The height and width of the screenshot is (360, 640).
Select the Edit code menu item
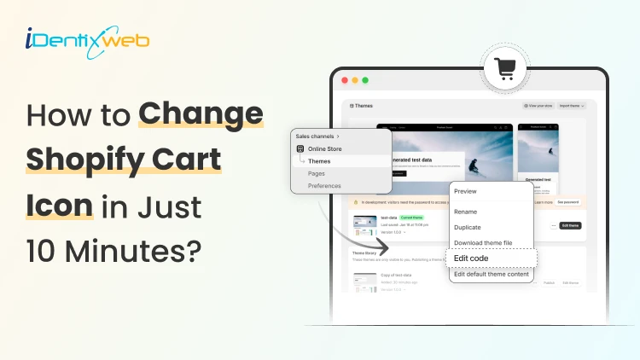(x=471, y=258)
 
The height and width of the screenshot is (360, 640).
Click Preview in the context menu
(x=465, y=191)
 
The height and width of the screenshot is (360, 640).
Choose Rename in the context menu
(x=466, y=212)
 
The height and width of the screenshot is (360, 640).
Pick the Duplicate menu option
(x=468, y=228)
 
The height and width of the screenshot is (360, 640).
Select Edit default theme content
(x=492, y=274)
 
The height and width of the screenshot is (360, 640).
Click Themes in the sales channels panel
(x=319, y=160)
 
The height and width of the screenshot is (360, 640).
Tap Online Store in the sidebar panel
(x=324, y=148)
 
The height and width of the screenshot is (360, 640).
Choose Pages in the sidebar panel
(x=317, y=173)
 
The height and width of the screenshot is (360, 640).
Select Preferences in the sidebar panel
(x=324, y=185)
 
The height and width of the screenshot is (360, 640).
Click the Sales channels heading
(x=317, y=136)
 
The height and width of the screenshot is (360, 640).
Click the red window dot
(x=345, y=80)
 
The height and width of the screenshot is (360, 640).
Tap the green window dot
(x=365, y=80)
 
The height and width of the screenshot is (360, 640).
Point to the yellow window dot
(x=355, y=80)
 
